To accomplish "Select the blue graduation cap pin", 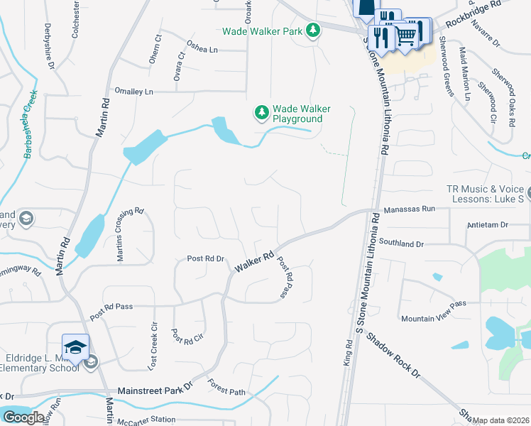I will [75, 346].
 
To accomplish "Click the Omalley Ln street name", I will [134, 92].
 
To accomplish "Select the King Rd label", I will [348, 352].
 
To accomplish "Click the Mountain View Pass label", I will [433, 303].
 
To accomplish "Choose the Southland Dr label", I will [400, 244].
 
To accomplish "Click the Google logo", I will [23, 417].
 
